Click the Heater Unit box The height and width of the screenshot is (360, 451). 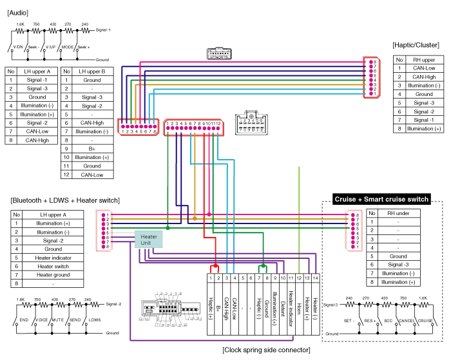click(149, 240)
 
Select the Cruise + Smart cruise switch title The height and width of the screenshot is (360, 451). click(381, 200)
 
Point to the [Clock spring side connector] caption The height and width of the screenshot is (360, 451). click(265, 350)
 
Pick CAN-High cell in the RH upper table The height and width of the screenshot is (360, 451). click(423, 77)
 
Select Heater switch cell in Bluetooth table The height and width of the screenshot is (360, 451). click(53, 266)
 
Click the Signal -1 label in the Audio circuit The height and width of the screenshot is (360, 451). click(102, 30)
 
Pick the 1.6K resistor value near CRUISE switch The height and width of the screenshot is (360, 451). click(424, 298)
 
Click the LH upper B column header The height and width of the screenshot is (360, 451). click(90, 71)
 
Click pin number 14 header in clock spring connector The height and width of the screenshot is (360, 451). click(316, 278)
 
